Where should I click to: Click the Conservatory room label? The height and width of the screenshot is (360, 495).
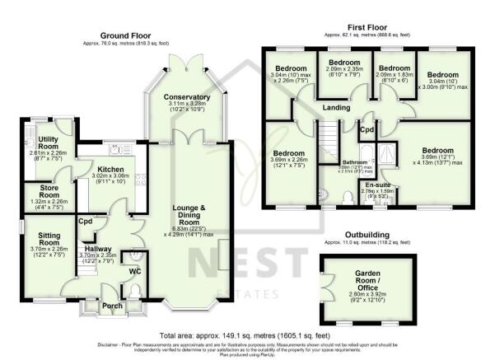click(x=187, y=97)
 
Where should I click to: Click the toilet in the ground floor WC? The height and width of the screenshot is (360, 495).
click(x=137, y=290)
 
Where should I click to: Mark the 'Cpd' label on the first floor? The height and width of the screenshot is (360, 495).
click(x=367, y=130)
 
